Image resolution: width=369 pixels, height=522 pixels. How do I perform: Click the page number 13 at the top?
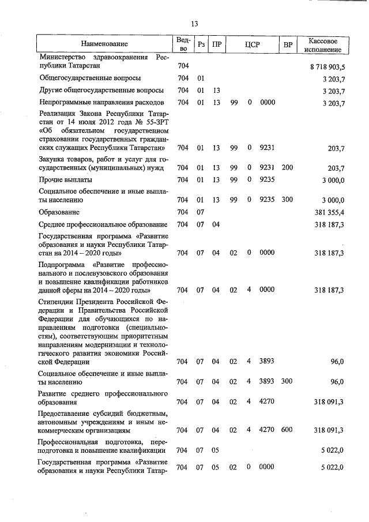click(x=194, y=24)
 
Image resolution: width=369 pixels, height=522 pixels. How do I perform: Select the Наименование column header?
click(x=105, y=44)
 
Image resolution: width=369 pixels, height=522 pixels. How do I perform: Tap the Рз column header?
click(x=201, y=44)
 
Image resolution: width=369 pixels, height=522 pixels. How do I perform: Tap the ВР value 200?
click(x=287, y=168)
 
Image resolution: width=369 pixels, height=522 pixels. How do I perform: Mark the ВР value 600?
click(x=287, y=430)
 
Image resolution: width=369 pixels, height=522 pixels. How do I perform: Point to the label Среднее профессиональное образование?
click(x=102, y=224)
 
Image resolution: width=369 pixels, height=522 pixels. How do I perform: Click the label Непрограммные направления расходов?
click(x=99, y=103)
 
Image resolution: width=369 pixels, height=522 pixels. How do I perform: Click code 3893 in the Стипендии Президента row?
click(x=266, y=362)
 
